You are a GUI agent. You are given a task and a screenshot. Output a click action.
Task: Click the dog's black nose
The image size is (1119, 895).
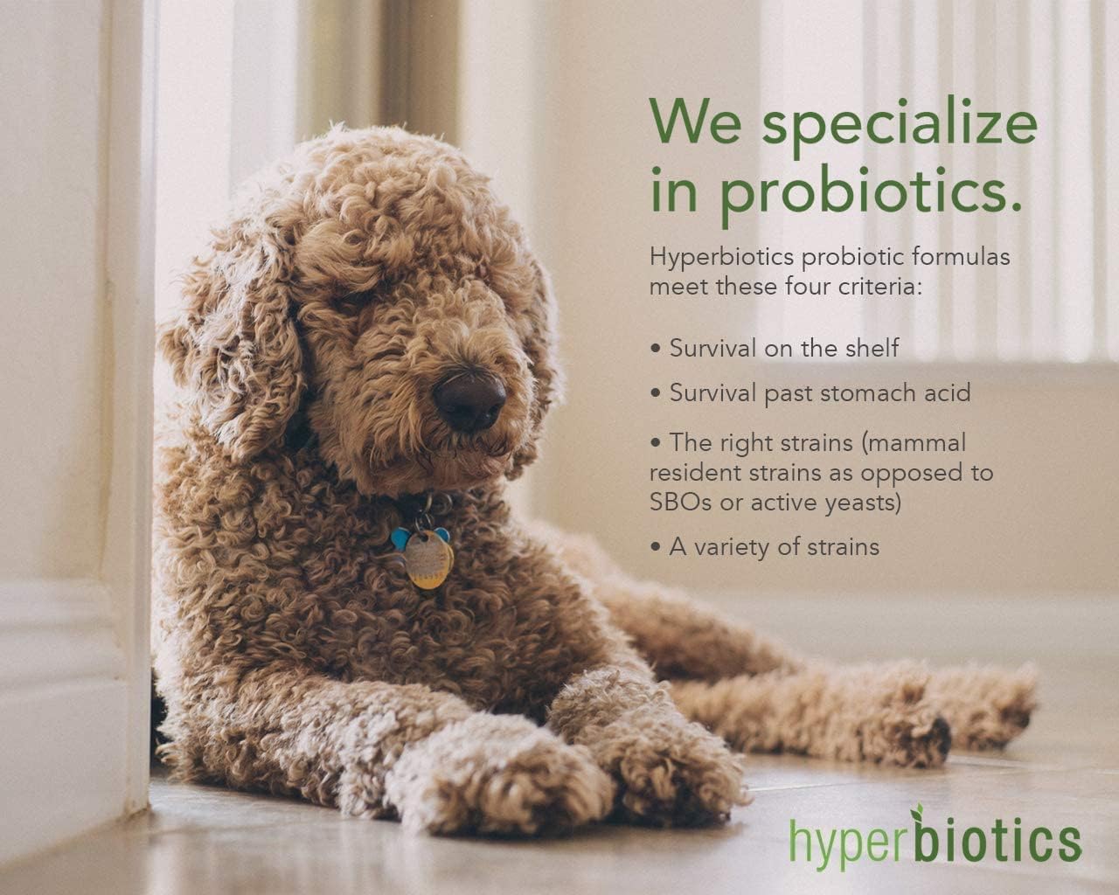point(469,399)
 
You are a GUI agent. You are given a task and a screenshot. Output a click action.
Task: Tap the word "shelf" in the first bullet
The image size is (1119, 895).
point(870,348)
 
